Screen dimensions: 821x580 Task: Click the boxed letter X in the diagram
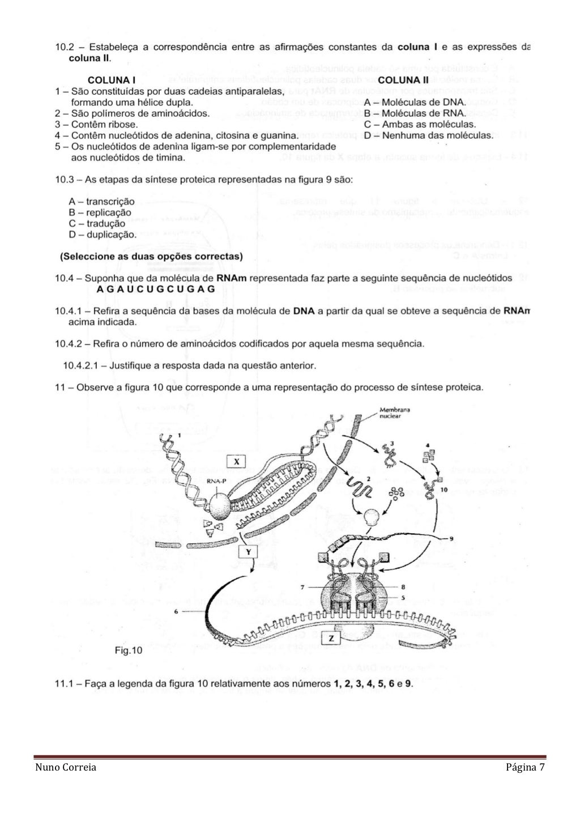(x=236, y=462)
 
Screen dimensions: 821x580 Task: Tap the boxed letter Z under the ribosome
(x=331, y=639)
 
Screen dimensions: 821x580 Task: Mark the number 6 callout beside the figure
(x=177, y=611)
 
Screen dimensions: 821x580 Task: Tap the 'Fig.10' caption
(x=129, y=651)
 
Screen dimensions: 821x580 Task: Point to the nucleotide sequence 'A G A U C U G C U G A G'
(x=156, y=288)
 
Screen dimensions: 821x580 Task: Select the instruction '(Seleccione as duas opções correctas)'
(x=151, y=256)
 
